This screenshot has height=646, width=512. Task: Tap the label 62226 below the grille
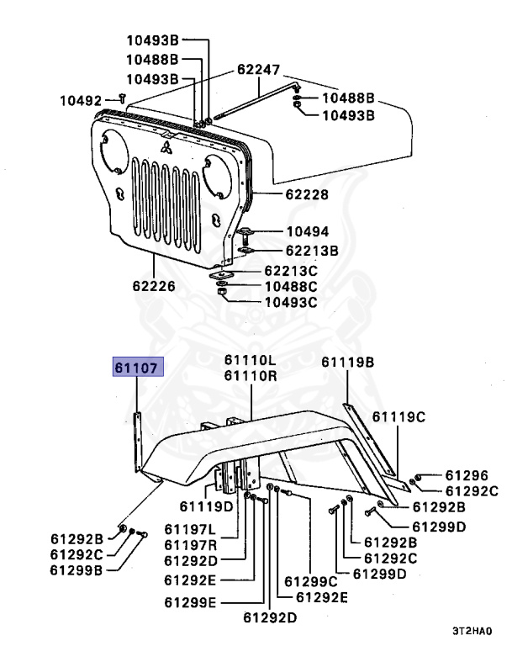click(x=152, y=286)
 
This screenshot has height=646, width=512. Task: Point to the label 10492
click(x=79, y=100)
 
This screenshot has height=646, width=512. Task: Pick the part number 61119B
click(x=347, y=363)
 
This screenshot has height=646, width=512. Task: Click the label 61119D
click(x=206, y=506)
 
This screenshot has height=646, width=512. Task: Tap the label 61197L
click(x=190, y=530)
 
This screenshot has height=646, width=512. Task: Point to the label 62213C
click(x=290, y=271)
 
